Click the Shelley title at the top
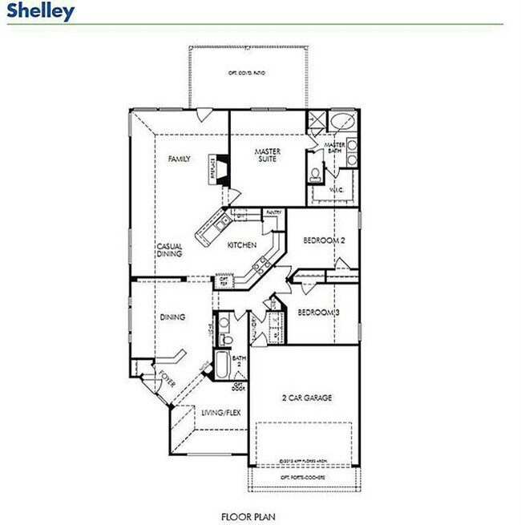click(41, 11)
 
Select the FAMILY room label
click(180, 160)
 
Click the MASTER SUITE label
click(266, 155)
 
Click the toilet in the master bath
click(316, 174)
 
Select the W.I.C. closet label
click(337, 190)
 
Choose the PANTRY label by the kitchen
click(273, 212)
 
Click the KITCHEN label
click(241, 244)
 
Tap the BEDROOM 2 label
click(324, 240)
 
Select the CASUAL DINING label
click(169, 250)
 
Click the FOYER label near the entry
click(165, 378)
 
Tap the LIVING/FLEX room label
click(220, 414)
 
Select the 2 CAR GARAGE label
click(306, 398)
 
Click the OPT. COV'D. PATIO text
click(247, 73)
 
